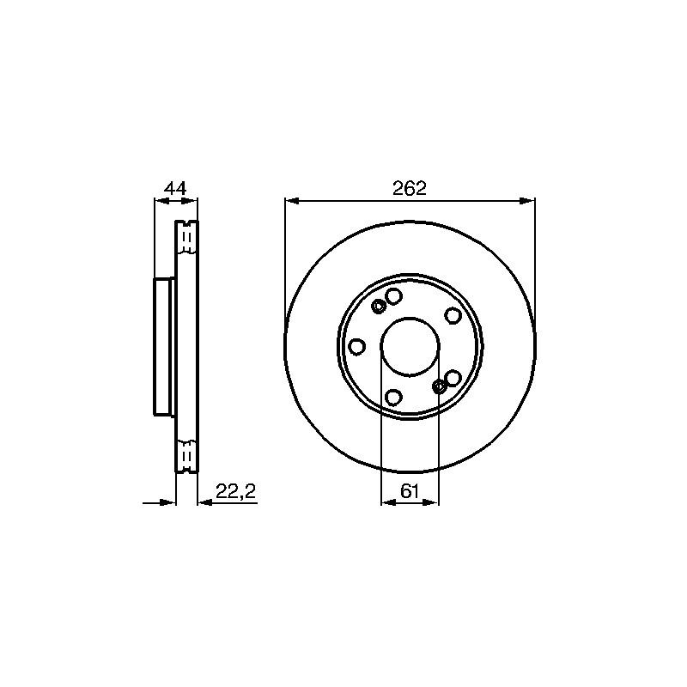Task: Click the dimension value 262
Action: point(410,188)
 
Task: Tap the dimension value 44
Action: point(175,188)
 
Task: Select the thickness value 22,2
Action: point(235,491)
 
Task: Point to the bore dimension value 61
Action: point(410,491)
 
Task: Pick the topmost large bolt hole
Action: point(394,295)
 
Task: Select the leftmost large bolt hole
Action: point(357,347)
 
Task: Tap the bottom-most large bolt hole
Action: point(393,398)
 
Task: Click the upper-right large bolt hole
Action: point(453,315)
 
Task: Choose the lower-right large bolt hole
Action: point(453,377)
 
